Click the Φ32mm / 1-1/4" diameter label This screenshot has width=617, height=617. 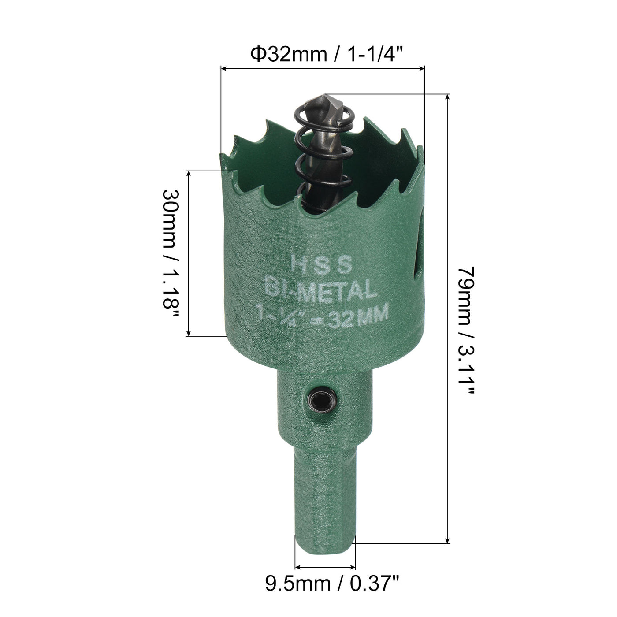(x=327, y=55)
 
